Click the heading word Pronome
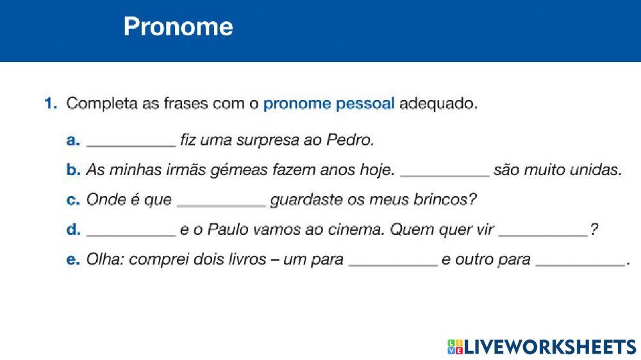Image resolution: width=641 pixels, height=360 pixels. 178,26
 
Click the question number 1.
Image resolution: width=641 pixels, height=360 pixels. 51,104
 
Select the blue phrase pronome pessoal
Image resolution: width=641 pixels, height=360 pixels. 328,104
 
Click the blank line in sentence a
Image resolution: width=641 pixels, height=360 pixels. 131,142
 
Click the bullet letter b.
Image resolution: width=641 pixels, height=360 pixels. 73,170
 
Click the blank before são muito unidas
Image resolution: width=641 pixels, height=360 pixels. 445,172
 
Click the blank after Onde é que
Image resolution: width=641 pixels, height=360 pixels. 221,202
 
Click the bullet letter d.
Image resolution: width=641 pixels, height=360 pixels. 73,230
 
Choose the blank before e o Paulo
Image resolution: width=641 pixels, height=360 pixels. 131,233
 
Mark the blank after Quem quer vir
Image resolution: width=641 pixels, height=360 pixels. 543,233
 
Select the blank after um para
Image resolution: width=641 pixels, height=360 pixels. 392,262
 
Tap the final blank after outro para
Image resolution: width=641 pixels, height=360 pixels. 579,262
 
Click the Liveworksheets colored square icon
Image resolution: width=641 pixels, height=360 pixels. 454,347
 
